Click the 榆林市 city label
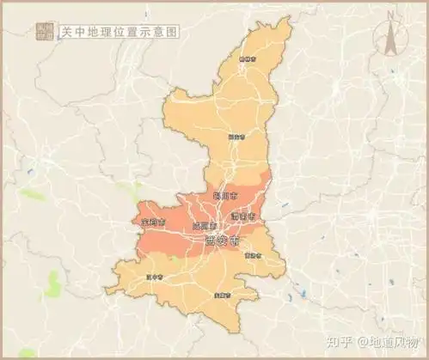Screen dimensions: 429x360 [248, 59]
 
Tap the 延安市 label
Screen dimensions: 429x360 [236, 136]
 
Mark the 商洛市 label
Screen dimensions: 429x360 [253, 254]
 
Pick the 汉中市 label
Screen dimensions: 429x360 [155, 277]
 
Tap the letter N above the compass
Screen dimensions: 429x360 [389, 15]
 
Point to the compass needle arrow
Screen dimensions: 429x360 [389, 39]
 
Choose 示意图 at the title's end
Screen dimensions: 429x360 [162, 31]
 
